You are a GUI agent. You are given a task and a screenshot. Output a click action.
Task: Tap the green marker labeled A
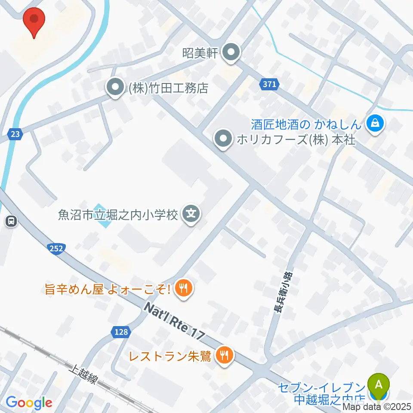(379, 384)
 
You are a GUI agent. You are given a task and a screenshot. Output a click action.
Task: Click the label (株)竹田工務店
(168, 89)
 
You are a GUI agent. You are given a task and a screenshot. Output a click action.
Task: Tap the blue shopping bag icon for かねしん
(375, 125)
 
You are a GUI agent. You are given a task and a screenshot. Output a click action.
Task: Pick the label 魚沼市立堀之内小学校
(118, 215)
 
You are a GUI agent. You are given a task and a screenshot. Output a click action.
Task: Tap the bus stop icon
(11, 222)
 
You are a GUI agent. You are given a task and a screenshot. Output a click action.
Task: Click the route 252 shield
(57, 248)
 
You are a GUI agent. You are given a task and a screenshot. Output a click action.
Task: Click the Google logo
(29, 402)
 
